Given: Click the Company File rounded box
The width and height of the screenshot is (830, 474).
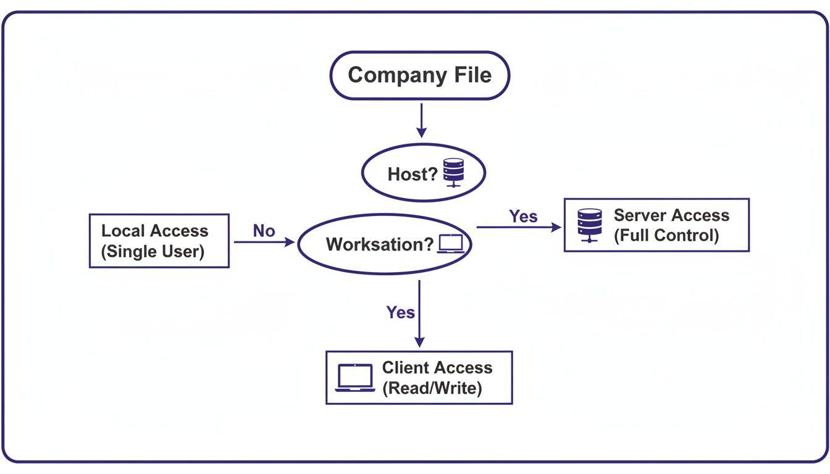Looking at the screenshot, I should coord(419,75).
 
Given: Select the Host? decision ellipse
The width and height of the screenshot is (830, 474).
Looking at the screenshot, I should coord(423,173).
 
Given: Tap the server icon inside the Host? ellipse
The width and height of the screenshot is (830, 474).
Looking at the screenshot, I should coord(454,173).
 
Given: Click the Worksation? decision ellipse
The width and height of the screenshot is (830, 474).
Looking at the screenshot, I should coord(385,244).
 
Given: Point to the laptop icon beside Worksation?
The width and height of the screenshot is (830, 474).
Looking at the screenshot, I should coord(450,244).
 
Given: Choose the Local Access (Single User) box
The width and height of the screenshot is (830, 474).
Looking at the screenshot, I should coord(159,241).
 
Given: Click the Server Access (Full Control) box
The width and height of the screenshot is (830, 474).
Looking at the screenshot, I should coord(656,225).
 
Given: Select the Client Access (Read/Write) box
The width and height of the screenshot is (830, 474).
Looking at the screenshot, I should coord(419,378).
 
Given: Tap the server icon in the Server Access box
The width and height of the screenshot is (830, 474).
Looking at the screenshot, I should coord(589,225).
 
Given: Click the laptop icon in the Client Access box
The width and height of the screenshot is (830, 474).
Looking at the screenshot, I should coord(355,378).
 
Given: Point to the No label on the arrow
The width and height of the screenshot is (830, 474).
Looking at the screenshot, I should coord(264,231).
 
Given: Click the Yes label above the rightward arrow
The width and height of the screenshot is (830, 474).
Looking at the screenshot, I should coord(523,217).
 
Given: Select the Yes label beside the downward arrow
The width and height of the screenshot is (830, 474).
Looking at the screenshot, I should coord(400,312).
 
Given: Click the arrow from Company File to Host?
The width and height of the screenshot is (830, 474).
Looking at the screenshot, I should coord(421,120).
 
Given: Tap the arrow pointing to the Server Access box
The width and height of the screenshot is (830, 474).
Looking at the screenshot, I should coord(519,227).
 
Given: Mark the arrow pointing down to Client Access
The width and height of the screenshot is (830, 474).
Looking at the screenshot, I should coord(420,315).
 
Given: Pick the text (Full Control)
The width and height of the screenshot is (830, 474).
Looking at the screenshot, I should coord(666,236).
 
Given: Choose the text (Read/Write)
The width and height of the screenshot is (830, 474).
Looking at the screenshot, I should coord(432,388).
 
